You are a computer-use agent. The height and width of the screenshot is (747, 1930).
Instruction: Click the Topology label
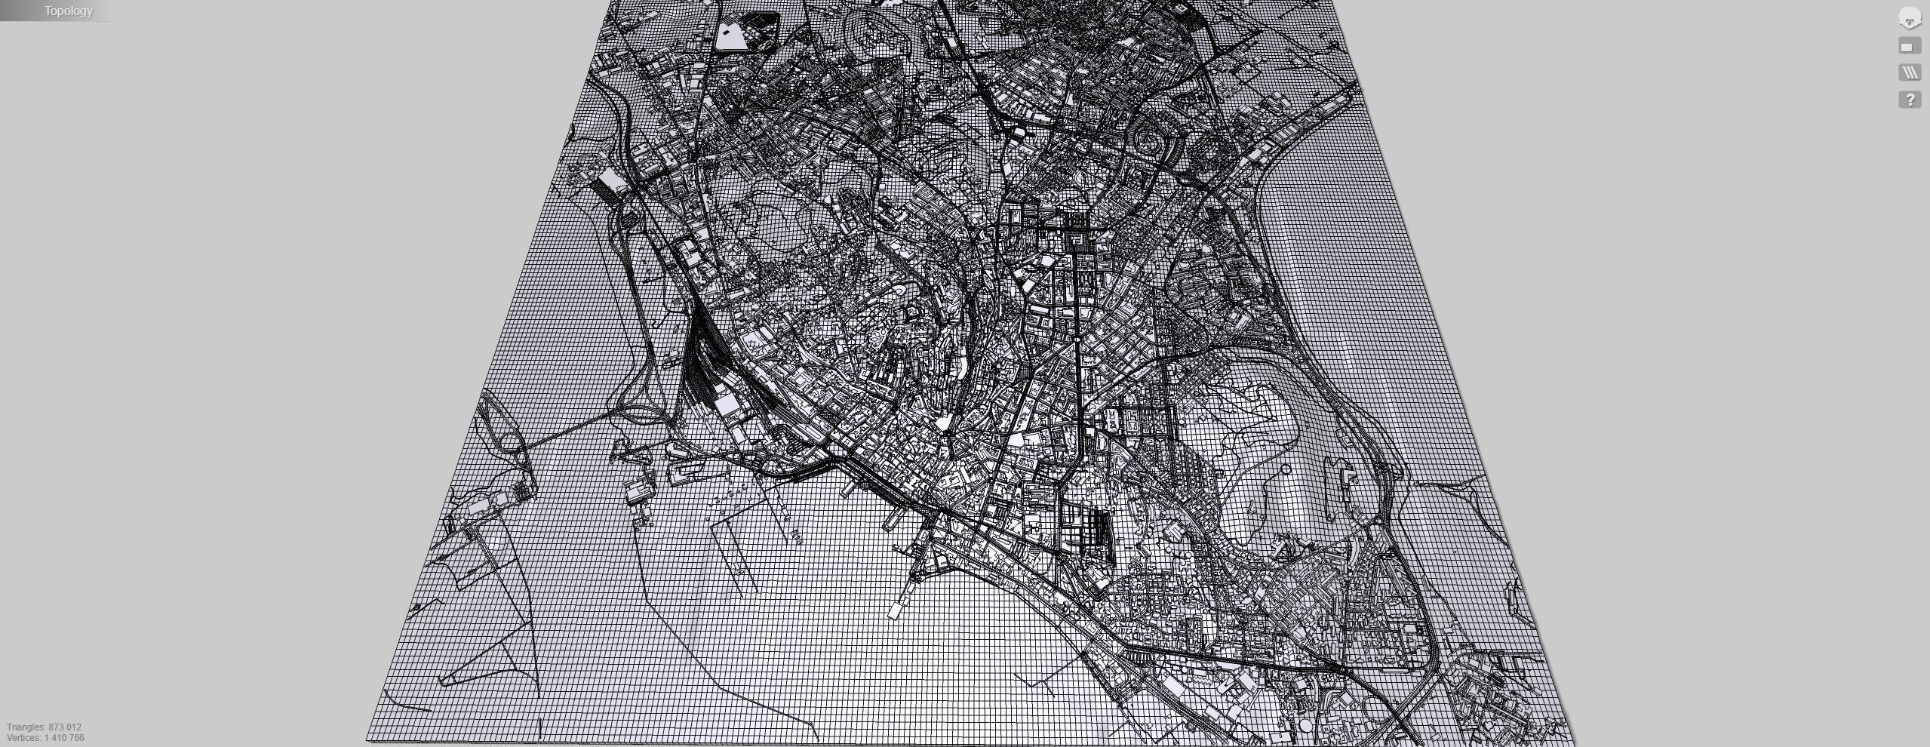tap(68, 11)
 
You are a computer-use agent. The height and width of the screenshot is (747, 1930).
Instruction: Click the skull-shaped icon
tap(1910, 18)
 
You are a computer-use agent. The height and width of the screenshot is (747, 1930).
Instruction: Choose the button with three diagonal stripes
tap(1910, 72)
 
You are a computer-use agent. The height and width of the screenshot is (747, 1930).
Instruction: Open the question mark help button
tap(1910, 100)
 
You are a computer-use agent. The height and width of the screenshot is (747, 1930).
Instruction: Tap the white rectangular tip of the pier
tap(895, 610)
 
